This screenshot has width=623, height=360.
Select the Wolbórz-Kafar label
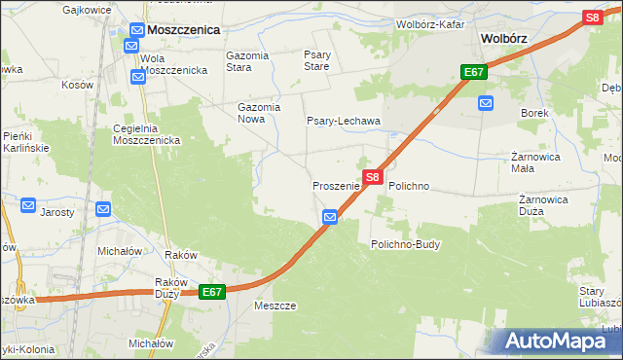pos(430,23)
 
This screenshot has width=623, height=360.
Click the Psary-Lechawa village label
pos(344,122)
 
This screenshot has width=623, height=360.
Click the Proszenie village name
pos(336,185)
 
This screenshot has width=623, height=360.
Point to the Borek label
pos(534,113)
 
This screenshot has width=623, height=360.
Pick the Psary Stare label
pos(317,61)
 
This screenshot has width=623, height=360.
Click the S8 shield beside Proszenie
pos(373,178)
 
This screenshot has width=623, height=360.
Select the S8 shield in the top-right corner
pos(592,18)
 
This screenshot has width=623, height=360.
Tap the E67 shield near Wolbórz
pos(474,73)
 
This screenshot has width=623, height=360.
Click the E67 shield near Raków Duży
pos(213,292)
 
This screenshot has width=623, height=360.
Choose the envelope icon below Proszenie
pos(330,217)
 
